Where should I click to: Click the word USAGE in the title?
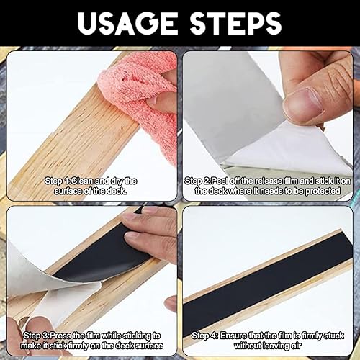[x=127, y=23]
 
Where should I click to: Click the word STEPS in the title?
[x=235, y=23]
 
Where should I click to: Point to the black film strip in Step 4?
[x=268, y=283]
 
